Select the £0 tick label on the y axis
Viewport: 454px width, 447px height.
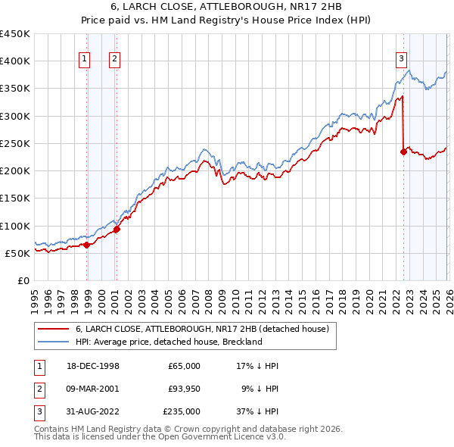(23, 280)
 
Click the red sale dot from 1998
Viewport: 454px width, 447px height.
(87, 245)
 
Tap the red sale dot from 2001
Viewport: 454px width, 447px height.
(117, 229)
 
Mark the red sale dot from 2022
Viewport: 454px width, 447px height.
(403, 152)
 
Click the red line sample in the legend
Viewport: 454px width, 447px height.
(54, 330)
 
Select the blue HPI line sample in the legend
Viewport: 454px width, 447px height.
(54, 342)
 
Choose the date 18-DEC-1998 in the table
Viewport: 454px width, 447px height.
(92, 366)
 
